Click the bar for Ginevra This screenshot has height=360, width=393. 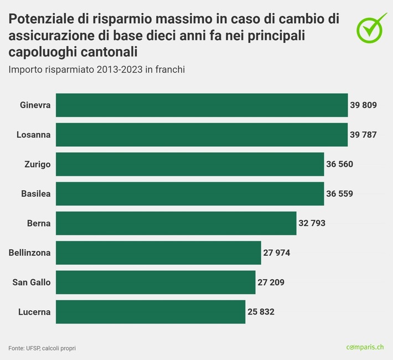coord(202,105)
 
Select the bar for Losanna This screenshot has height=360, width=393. coord(202,135)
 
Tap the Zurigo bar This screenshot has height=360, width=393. coord(190,164)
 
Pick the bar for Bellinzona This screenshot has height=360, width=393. coord(158,253)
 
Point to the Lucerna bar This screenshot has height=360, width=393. coord(151,312)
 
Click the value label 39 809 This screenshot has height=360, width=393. coord(363,105)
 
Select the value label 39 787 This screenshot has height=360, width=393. coord(363,135)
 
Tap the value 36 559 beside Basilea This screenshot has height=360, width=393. coord(339,194)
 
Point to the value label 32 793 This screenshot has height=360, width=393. coord(312,223)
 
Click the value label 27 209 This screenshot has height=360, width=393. coord(271,282)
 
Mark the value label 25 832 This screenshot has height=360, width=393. coord(261,312)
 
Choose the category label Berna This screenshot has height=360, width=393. coord(39,223)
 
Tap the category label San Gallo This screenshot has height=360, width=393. coord(32,282)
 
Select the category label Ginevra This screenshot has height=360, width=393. coord(35,105)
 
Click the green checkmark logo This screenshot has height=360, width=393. coord(371,27)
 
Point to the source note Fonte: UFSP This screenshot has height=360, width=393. coord(42,348)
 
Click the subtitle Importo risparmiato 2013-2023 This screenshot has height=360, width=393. coord(96,70)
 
